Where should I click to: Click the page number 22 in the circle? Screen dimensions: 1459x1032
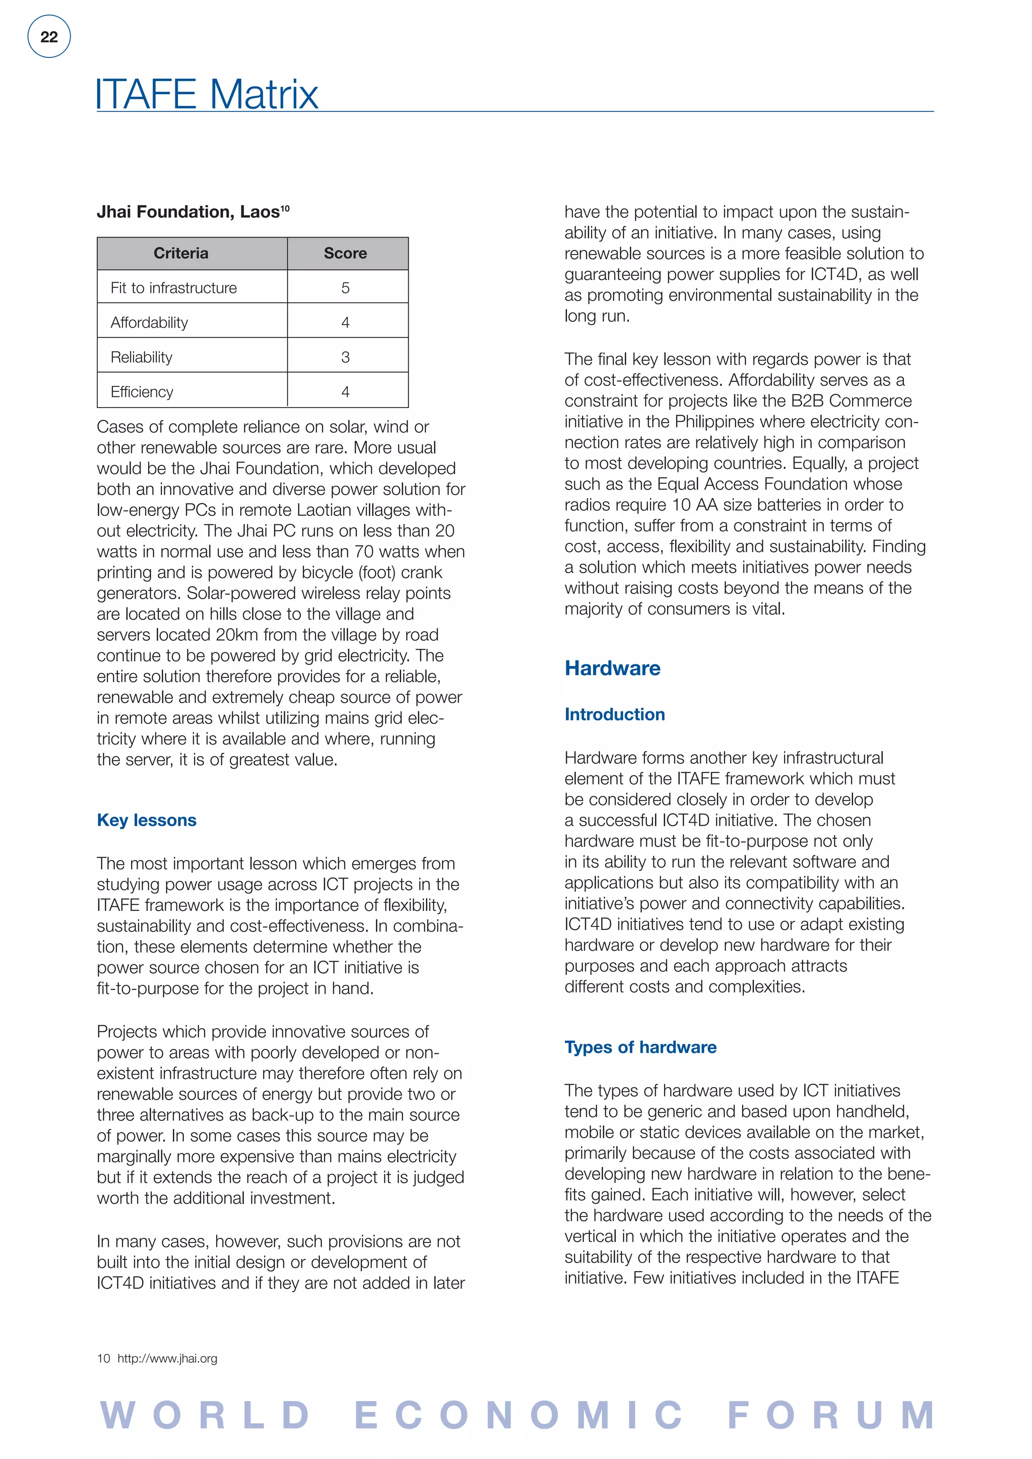(49, 37)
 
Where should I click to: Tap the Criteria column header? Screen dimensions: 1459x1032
(181, 253)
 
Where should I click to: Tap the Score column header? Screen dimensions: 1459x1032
(345, 253)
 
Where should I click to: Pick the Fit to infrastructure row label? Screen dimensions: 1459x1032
(173, 288)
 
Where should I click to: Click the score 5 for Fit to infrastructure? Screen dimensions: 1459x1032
(345, 288)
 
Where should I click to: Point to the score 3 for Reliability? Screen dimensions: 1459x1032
(345, 357)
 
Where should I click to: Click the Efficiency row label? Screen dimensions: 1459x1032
(142, 391)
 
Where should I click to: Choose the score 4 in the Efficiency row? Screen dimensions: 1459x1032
(345, 391)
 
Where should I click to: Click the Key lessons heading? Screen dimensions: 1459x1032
(147, 820)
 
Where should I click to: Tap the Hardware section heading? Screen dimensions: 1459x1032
(613, 668)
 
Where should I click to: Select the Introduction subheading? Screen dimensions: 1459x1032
(614, 714)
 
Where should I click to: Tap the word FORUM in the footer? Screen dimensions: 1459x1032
(831, 1415)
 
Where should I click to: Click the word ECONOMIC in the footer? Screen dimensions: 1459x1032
(518, 1415)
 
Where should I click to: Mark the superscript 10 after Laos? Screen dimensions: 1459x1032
(285, 207)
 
